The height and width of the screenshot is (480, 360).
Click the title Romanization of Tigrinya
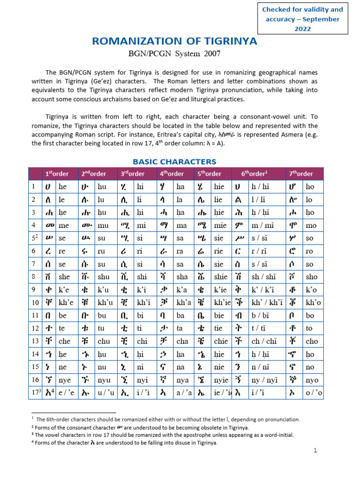pos(174,41)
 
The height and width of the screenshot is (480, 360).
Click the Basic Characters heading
pos(174,162)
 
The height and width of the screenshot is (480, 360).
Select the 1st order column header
pos(57,173)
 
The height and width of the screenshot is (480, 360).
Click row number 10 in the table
pos(34,303)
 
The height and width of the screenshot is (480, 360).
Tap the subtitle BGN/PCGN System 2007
pos(174,53)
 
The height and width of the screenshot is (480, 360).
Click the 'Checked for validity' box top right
pos(302,19)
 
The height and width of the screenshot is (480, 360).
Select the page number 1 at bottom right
pos(315,450)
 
